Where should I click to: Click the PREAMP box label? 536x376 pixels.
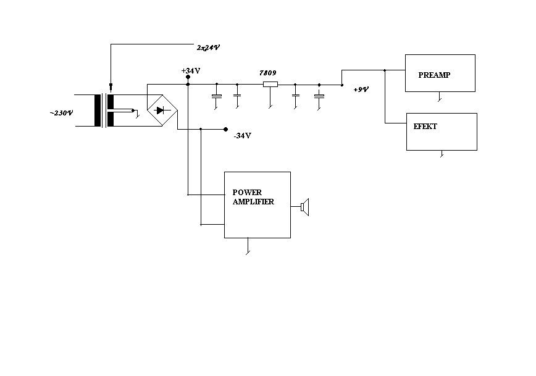click(x=434, y=75)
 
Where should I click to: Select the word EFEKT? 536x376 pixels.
click(x=425, y=127)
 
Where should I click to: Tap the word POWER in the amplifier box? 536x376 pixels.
click(x=247, y=193)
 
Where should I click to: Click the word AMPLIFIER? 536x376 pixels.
click(x=253, y=202)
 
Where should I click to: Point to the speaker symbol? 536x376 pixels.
click(x=305, y=207)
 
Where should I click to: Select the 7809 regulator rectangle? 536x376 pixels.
click(x=270, y=84)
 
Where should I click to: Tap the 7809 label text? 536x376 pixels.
click(x=267, y=73)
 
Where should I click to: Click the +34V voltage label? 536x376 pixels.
click(x=191, y=71)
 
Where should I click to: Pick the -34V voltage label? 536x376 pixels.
click(x=242, y=136)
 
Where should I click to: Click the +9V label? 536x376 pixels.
click(x=361, y=90)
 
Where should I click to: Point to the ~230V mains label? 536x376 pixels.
click(x=62, y=113)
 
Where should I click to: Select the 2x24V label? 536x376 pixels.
click(x=208, y=48)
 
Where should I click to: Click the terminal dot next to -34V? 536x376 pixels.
click(x=225, y=129)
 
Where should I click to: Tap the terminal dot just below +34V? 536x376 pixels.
click(x=188, y=77)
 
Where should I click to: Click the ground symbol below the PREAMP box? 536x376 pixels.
click(x=440, y=97)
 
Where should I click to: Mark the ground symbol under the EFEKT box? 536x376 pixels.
click(x=442, y=154)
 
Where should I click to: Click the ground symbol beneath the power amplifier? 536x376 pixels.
click(x=248, y=246)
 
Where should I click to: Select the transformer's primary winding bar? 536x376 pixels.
click(x=98, y=111)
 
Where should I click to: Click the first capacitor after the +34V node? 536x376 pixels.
click(x=217, y=97)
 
